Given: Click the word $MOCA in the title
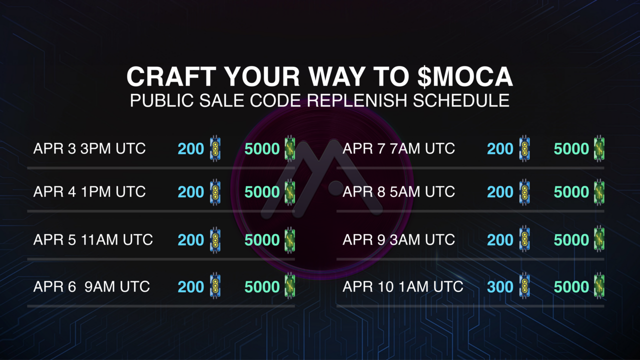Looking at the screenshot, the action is [465, 76].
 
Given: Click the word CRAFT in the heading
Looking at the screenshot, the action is [171, 76].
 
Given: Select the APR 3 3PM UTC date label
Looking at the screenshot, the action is [89, 148].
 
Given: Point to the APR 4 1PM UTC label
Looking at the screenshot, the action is [89, 191].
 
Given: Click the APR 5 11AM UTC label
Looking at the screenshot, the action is [93, 239].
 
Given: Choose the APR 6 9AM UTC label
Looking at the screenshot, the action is [91, 286].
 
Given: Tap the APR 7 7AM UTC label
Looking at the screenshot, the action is [398, 148].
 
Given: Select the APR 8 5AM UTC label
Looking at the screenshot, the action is [398, 191].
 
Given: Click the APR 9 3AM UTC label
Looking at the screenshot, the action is [398, 239].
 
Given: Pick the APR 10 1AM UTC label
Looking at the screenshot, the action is [403, 286].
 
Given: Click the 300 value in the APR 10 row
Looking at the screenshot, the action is [500, 287].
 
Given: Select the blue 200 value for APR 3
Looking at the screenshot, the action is [191, 149].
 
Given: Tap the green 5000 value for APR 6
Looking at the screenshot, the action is [262, 287].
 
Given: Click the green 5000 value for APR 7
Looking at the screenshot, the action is [571, 149].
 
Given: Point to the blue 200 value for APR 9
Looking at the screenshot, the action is [500, 240].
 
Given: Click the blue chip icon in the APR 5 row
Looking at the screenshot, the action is [215, 239].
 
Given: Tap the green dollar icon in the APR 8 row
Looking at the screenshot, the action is [599, 191].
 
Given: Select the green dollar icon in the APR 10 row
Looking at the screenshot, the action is [599, 285].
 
